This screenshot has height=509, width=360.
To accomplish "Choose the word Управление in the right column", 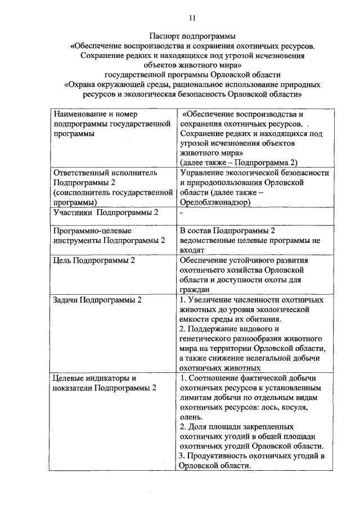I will pyautogui.click(x=204, y=173).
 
